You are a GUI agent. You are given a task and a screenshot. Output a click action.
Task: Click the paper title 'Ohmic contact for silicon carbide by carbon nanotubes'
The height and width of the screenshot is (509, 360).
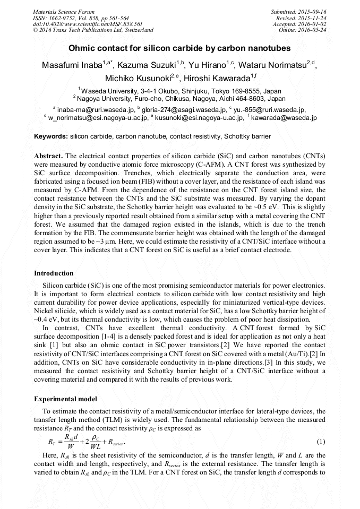179,48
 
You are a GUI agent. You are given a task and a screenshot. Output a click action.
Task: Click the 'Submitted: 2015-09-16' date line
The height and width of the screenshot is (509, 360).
298,12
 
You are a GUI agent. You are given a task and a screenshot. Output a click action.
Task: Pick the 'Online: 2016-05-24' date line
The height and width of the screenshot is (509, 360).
303,30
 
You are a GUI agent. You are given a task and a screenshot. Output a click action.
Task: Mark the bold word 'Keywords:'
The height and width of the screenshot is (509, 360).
50,136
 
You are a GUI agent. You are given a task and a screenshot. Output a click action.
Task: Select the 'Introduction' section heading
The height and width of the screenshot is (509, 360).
54,273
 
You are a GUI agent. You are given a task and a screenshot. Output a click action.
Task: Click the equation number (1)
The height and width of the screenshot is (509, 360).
321,442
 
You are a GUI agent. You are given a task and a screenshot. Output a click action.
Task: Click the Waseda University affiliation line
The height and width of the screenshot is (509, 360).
179,91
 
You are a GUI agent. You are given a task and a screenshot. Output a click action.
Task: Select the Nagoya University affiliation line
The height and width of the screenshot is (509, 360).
179,98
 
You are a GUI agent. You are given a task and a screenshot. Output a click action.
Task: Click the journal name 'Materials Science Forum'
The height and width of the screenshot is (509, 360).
64,12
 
